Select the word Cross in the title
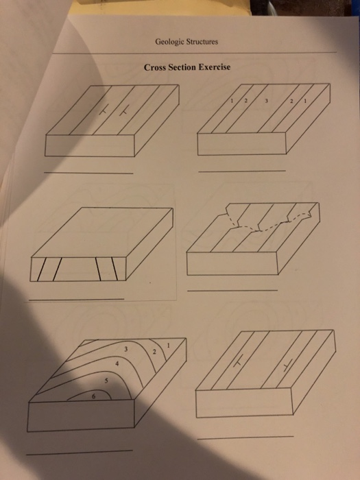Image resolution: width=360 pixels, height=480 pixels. tap(155, 68)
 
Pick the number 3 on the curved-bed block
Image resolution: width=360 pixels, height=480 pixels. tap(126, 350)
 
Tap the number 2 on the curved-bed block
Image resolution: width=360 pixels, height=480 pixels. tap(154, 352)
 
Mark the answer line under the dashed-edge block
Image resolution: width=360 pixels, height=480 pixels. tap(233, 291)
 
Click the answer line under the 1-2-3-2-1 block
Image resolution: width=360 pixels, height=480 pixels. tap(241, 170)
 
